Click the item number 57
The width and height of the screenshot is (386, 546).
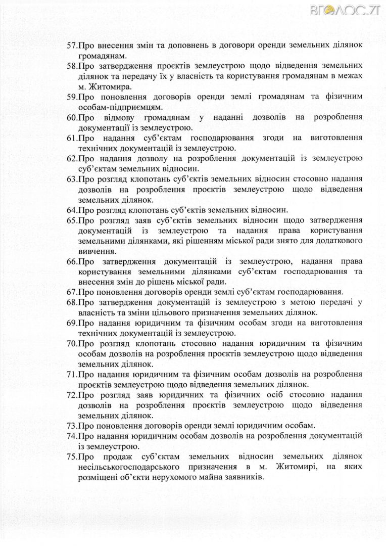tap(72, 44)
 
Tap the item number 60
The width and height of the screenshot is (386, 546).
tap(72, 117)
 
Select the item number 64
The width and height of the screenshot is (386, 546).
tap(72, 209)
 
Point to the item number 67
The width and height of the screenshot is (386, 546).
tap(72, 292)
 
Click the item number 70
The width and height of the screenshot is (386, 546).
tap(72, 343)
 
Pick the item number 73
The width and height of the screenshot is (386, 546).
tap(72, 425)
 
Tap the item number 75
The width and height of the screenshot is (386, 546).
tap(72, 456)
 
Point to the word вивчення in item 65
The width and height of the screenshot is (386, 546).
tap(98, 250)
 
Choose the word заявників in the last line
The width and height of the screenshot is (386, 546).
tap(245, 476)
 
